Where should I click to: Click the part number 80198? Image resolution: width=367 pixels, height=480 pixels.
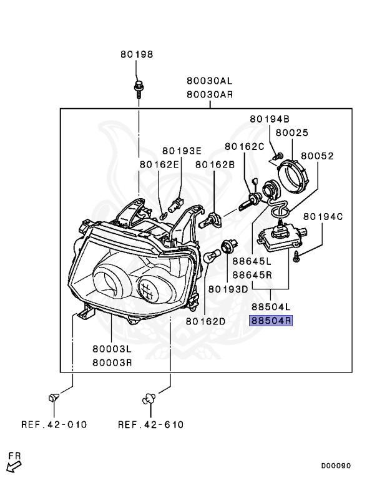[137, 54]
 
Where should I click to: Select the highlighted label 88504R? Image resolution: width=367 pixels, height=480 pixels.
[271, 321]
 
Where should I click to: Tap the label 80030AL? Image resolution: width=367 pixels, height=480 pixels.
[210, 81]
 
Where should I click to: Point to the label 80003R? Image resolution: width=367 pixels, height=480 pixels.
[112, 362]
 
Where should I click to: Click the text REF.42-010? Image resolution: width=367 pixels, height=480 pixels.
[54, 424]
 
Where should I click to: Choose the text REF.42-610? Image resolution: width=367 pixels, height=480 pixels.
[151, 424]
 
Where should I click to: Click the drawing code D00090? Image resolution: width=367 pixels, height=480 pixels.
[336, 466]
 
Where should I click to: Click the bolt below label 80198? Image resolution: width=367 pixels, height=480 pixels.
[139, 89]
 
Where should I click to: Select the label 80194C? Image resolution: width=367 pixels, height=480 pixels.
[323, 217]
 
